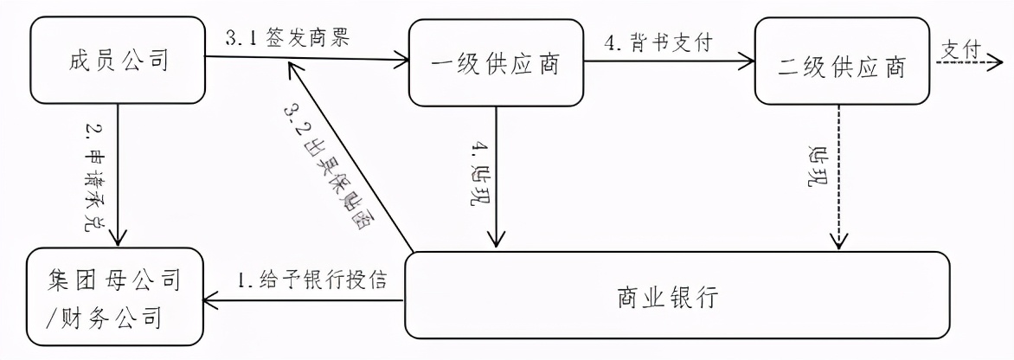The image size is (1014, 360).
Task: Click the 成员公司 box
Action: pyautogui.click(x=118, y=61)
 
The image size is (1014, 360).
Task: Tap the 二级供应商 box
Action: pyautogui.click(x=842, y=64)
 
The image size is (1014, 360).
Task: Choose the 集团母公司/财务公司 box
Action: pyautogui.click(x=115, y=299)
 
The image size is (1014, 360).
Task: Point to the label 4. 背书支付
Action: pyautogui.click(x=658, y=42)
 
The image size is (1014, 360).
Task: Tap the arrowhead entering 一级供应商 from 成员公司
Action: pyautogui.click(x=401, y=61)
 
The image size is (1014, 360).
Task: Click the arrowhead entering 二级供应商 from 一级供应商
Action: pyautogui.click(x=748, y=61)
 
